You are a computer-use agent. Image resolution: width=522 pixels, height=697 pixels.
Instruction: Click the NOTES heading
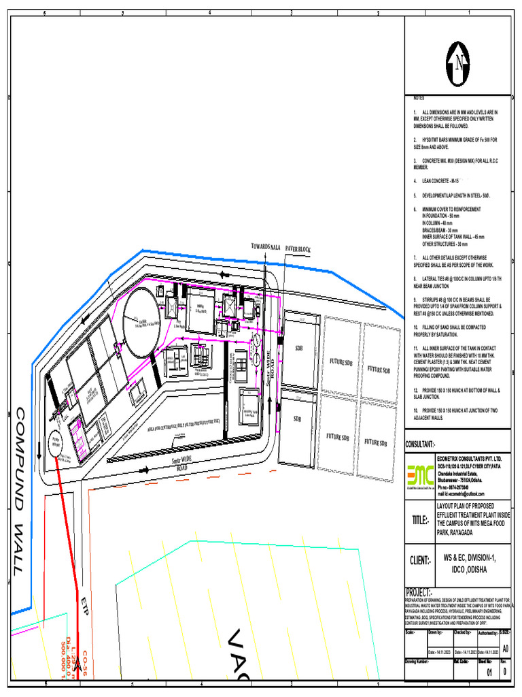tap(419, 99)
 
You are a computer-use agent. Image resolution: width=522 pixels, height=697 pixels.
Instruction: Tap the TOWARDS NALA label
tap(265, 246)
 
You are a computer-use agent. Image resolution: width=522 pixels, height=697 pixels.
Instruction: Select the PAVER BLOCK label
tap(298, 250)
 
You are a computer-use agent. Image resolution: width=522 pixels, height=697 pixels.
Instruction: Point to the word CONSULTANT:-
tap(420, 444)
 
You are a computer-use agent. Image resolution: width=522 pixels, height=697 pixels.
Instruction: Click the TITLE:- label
tap(419, 520)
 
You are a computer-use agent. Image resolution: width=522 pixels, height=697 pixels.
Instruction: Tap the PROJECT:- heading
tap(419, 592)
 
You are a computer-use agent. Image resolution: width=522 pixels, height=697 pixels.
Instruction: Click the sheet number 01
tap(489, 673)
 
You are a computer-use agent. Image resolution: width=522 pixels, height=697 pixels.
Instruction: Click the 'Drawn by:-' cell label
tap(436, 632)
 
